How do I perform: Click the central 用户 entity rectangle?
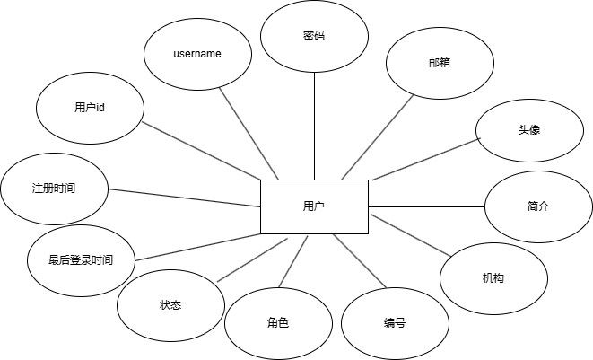pyautogui.click(x=314, y=206)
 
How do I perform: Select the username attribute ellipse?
pyautogui.click(x=197, y=54)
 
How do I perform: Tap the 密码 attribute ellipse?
pyautogui.click(x=314, y=37)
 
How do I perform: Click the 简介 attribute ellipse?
pyautogui.click(x=538, y=206)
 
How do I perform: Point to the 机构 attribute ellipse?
pyautogui.click(x=493, y=278)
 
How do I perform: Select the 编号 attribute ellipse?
pyautogui.click(x=394, y=322)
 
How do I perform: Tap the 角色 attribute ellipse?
pyautogui.click(x=277, y=322)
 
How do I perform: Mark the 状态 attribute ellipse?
pyautogui.click(x=170, y=305)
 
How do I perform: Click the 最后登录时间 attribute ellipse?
pyautogui.click(x=81, y=259)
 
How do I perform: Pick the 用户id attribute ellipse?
pyautogui.click(x=90, y=108)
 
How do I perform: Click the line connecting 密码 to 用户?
pyautogui.click(x=314, y=126)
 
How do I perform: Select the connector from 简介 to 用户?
pyautogui.click(x=426, y=206)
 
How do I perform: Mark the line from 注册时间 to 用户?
pyautogui.click(x=184, y=198)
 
